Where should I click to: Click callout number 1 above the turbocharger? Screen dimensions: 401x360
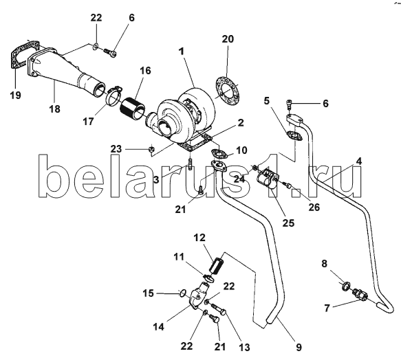(182, 52)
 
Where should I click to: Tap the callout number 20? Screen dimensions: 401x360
(228, 39)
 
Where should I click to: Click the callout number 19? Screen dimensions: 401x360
(15, 95)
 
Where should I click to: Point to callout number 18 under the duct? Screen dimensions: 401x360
(54, 109)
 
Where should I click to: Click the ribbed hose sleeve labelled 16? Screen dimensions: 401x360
(132, 109)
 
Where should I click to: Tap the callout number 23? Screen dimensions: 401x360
(116, 148)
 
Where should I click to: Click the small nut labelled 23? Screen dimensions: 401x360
(151, 149)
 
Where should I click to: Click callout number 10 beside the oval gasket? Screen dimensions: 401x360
(241, 150)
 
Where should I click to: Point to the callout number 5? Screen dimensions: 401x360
(267, 101)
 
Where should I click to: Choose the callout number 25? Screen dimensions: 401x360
(288, 223)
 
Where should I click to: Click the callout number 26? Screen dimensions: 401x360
(314, 207)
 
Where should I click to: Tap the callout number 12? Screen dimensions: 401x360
(199, 238)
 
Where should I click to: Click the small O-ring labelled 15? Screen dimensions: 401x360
(182, 293)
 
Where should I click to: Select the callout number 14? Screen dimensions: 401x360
(158, 327)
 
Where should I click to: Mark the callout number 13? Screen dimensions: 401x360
(244, 347)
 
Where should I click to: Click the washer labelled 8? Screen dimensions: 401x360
(346, 285)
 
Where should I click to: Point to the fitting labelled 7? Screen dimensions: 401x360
(360, 295)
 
